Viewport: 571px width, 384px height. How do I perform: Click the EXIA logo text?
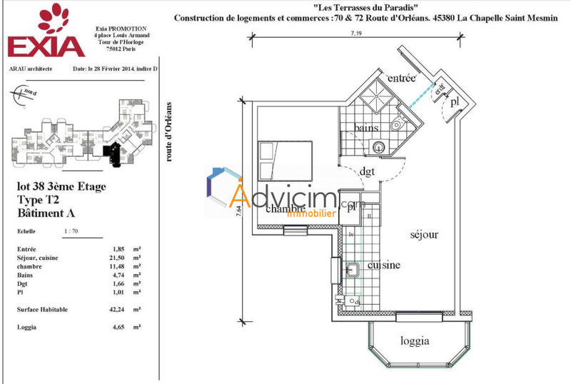[46, 45]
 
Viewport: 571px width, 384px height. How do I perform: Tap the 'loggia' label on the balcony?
[415, 341]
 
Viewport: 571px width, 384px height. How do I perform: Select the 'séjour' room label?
[423, 234]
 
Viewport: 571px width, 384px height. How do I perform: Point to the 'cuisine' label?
[383, 265]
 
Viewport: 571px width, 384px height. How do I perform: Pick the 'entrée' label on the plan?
[401, 79]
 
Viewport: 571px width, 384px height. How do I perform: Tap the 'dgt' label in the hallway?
[368, 171]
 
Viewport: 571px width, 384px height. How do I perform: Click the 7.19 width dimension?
[355, 34]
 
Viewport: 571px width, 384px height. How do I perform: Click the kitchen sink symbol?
[353, 269]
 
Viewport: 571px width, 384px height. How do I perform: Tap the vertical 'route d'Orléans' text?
[169, 131]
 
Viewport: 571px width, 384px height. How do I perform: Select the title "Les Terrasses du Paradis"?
[365, 6]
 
